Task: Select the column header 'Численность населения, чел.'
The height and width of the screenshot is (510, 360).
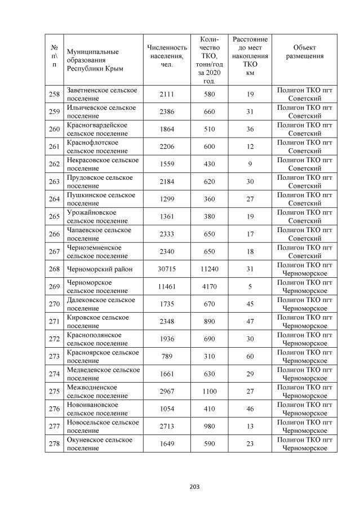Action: tap(167, 56)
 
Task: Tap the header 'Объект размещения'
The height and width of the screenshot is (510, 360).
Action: tap(304, 52)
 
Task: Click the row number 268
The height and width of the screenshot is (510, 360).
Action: tap(54, 269)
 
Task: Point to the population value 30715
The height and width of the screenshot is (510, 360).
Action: tap(167, 269)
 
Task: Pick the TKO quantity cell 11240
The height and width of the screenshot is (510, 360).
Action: tap(210, 269)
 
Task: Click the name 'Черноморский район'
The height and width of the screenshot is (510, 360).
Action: tap(100, 269)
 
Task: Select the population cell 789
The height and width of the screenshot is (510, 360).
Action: tap(167, 357)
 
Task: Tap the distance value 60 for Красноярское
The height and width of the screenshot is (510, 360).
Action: tap(250, 357)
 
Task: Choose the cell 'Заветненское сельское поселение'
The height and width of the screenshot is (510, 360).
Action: tap(102, 94)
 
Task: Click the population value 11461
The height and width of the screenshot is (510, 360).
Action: tap(167, 286)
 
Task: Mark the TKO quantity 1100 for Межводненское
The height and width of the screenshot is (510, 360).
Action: tap(210, 392)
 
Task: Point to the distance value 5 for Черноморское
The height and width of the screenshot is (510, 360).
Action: tap(250, 286)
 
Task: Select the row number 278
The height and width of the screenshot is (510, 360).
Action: tap(54, 444)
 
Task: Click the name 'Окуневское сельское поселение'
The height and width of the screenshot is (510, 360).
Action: tap(100, 444)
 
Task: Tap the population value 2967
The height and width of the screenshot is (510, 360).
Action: tap(167, 392)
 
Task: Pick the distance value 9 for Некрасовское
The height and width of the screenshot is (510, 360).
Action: tap(250, 164)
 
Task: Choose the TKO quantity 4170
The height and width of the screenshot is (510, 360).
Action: tap(210, 286)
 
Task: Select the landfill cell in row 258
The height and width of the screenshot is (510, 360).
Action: tap(304, 94)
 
